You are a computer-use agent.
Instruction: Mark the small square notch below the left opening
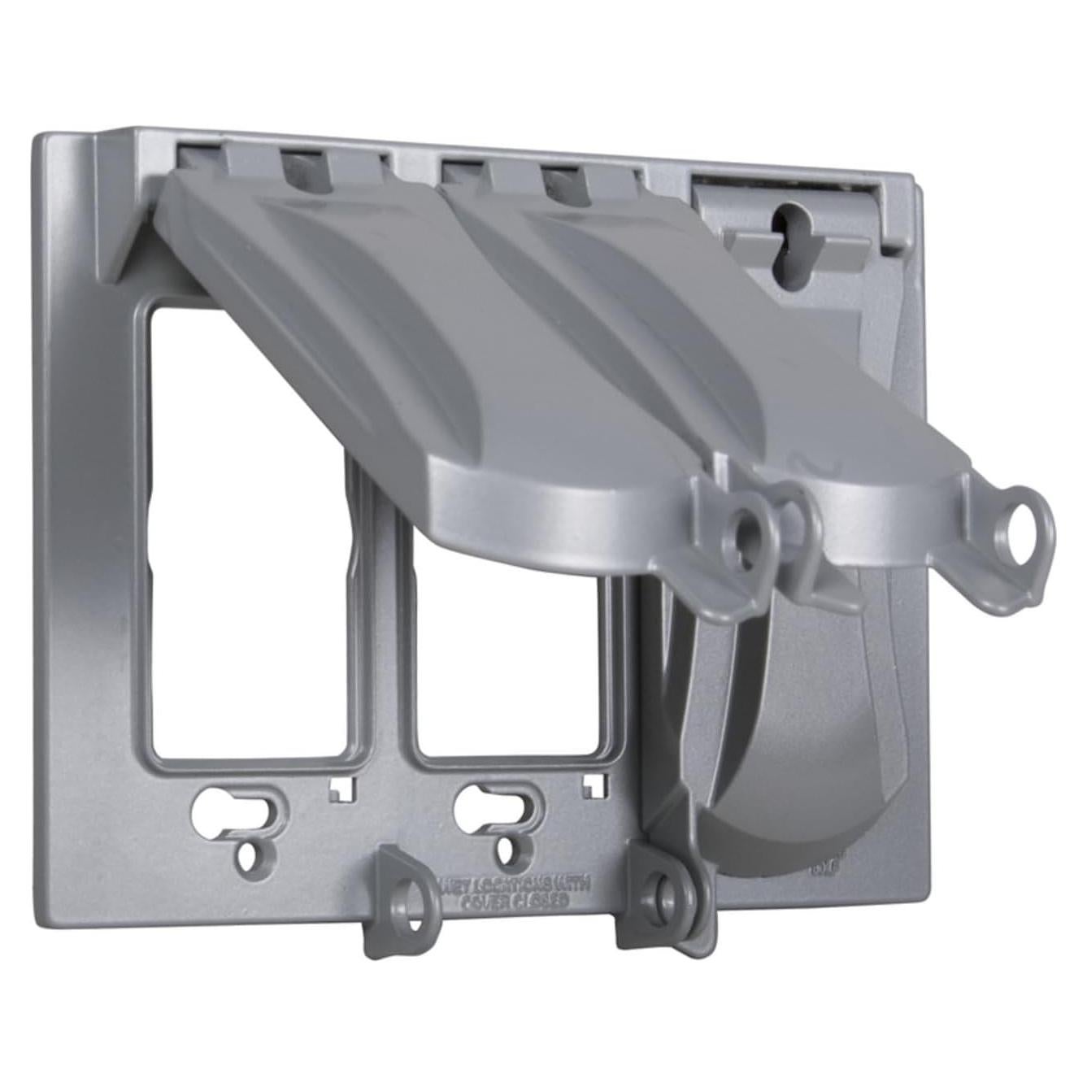point(341,788)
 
